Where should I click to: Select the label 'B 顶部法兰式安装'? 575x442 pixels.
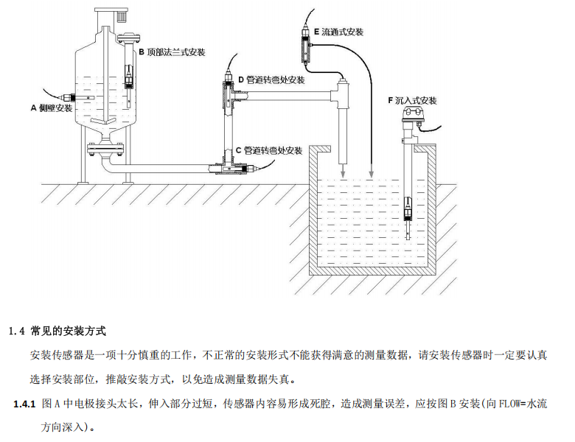(x=172, y=52)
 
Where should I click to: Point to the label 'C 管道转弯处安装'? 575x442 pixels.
(x=268, y=150)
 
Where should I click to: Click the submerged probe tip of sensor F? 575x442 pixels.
(x=408, y=213)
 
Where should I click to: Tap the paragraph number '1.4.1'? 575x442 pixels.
(x=25, y=404)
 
